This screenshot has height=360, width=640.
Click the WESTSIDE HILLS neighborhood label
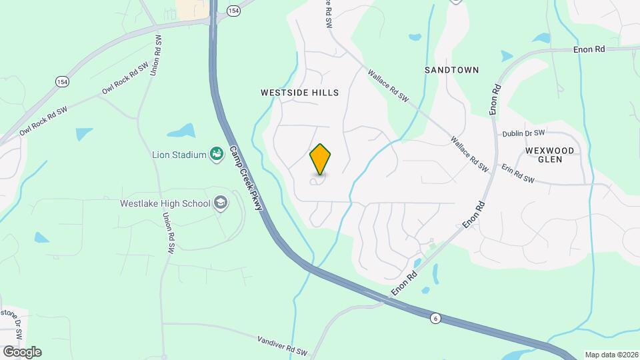299,93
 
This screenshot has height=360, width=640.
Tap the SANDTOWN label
451,69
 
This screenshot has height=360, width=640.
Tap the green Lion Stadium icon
216,155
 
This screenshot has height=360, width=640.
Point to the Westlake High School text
165,203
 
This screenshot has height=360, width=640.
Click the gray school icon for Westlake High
221,203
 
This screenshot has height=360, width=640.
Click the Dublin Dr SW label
523,133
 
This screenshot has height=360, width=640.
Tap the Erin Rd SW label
517,174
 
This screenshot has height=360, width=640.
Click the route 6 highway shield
435,319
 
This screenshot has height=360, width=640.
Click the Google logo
21,351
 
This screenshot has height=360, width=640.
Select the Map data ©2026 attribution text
611,355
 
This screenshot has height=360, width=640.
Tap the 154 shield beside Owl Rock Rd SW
62,81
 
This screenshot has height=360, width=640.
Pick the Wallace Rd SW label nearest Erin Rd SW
469,155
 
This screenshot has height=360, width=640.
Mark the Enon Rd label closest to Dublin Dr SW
495,100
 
